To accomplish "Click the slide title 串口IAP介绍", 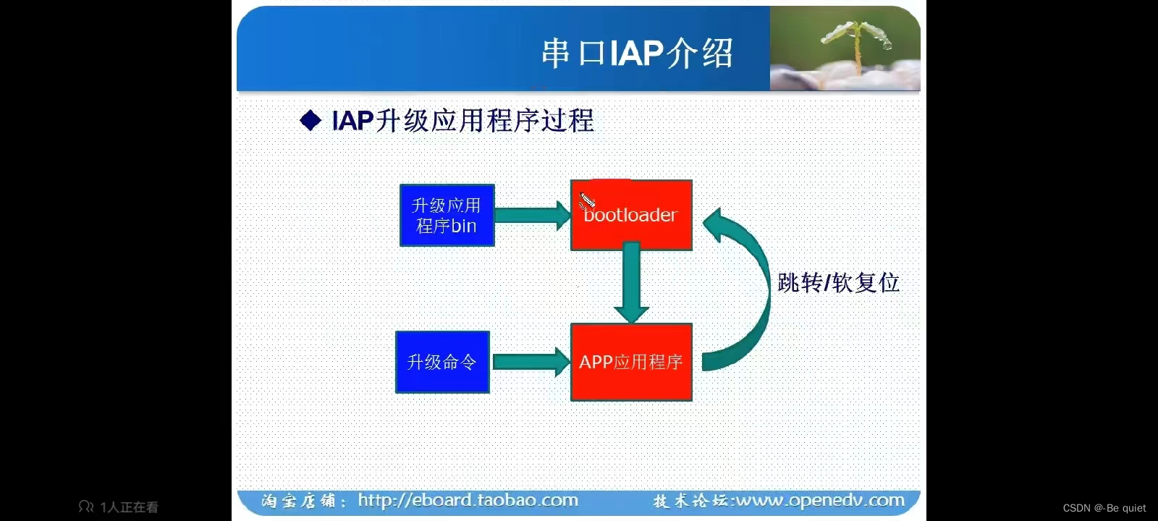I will pos(637,54).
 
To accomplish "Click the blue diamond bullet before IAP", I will pos(310,120).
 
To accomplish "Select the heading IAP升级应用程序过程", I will pos(462,120).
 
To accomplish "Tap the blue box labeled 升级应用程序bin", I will pos(447,216).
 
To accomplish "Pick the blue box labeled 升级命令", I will pos(442,362).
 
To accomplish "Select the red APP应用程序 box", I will pos(631,362).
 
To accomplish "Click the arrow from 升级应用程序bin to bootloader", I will pos(532,216).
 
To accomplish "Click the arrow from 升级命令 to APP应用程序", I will pos(531,362).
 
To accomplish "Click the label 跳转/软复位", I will pos(838,282).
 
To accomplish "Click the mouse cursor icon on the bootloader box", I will pos(587,200).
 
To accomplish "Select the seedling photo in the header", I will pos(845,49).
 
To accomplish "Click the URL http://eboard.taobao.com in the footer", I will pos(468,500).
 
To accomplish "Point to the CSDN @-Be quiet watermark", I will pos(1104,508).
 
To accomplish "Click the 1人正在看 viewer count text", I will pos(128,507).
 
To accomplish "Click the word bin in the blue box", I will pos(464,226).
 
